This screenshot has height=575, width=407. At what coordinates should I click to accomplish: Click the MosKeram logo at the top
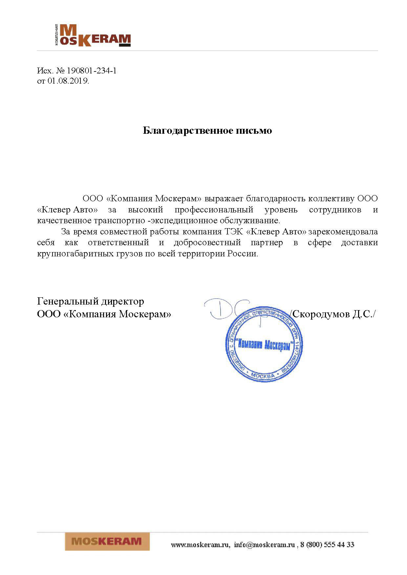(x=92, y=35)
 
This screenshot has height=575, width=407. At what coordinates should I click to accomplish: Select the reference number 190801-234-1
(x=92, y=70)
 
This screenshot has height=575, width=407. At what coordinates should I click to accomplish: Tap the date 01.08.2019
(x=68, y=81)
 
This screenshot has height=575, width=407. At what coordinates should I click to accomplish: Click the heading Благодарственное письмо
(x=207, y=130)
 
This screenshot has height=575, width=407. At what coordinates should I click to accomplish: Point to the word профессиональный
(x=214, y=209)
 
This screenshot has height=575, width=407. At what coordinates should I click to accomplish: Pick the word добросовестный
(x=207, y=243)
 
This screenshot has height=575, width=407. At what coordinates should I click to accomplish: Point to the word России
(x=242, y=254)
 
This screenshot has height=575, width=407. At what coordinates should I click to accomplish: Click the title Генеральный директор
(x=91, y=301)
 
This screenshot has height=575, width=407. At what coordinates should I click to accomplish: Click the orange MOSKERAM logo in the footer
(x=107, y=541)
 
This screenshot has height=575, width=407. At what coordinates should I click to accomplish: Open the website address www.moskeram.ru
(x=200, y=545)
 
